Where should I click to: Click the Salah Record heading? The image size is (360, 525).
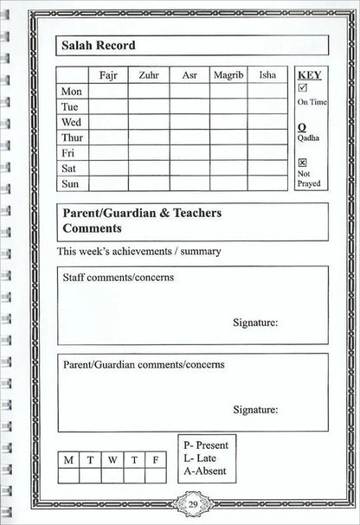(98, 45)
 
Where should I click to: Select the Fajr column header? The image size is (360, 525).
(109, 75)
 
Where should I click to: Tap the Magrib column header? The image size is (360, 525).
(229, 75)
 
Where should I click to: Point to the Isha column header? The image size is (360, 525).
(267, 75)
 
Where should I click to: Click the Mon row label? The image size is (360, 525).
(72, 91)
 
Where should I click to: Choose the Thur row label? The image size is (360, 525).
(73, 138)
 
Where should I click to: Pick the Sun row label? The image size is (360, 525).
(71, 184)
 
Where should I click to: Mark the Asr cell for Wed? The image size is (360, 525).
(189, 122)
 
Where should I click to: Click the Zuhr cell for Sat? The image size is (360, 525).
(149, 169)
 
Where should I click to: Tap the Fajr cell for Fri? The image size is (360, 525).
(109, 153)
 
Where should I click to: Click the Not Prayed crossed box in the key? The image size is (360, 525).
(302, 163)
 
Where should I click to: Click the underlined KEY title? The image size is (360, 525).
(309, 75)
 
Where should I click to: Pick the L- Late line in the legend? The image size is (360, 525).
(201, 458)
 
